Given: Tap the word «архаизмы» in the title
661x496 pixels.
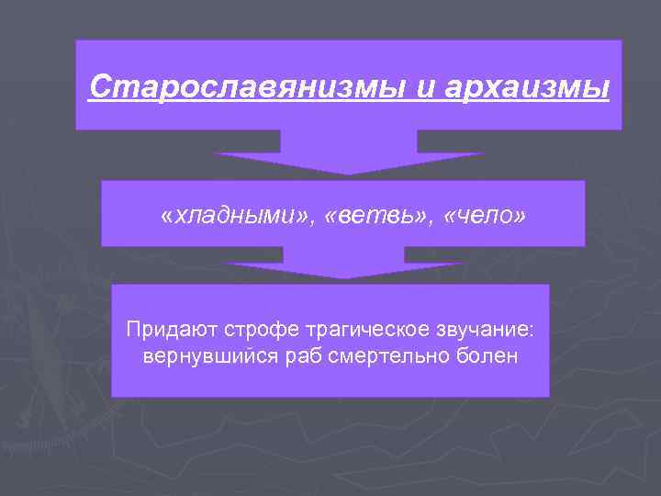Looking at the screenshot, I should coord(527,89).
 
